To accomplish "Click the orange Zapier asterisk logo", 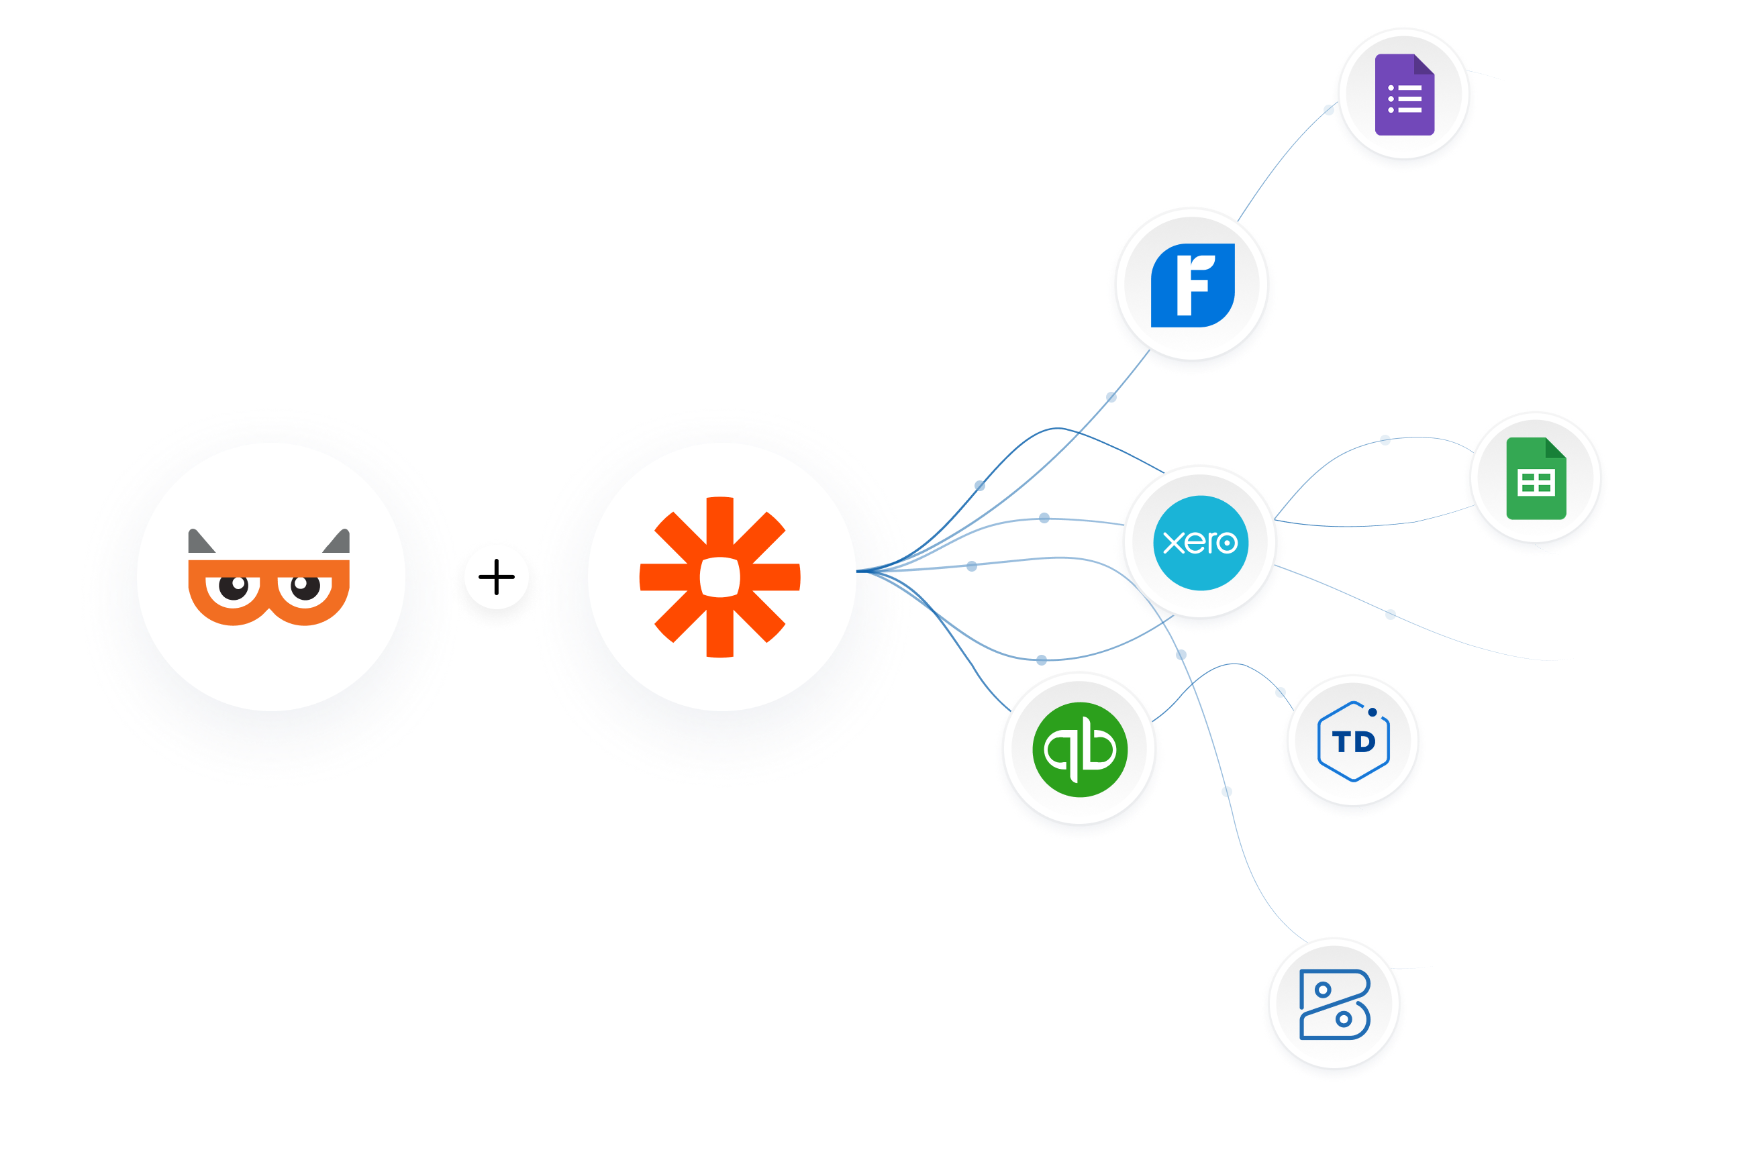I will click(719, 577).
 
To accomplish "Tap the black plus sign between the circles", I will click(496, 576).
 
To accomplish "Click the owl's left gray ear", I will click(199, 542).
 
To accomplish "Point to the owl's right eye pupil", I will click(304, 586).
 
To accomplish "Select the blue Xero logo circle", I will click(1200, 543).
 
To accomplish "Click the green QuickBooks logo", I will click(1079, 750).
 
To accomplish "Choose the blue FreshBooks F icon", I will click(1193, 286).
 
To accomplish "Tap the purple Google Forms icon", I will click(1404, 95).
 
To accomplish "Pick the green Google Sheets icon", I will click(1536, 479).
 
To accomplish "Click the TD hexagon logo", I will click(1353, 742).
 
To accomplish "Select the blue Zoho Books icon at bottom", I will click(1334, 1004).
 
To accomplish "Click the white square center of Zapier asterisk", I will click(719, 577).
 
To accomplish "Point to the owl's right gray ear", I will click(338, 542).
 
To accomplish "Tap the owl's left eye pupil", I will click(236, 586).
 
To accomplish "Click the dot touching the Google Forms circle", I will click(1329, 109).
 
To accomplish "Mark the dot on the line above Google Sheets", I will click(1385, 440).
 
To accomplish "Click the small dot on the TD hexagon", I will click(1373, 713).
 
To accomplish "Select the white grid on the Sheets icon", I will click(1536, 484).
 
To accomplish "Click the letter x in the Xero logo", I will click(1173, 543).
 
